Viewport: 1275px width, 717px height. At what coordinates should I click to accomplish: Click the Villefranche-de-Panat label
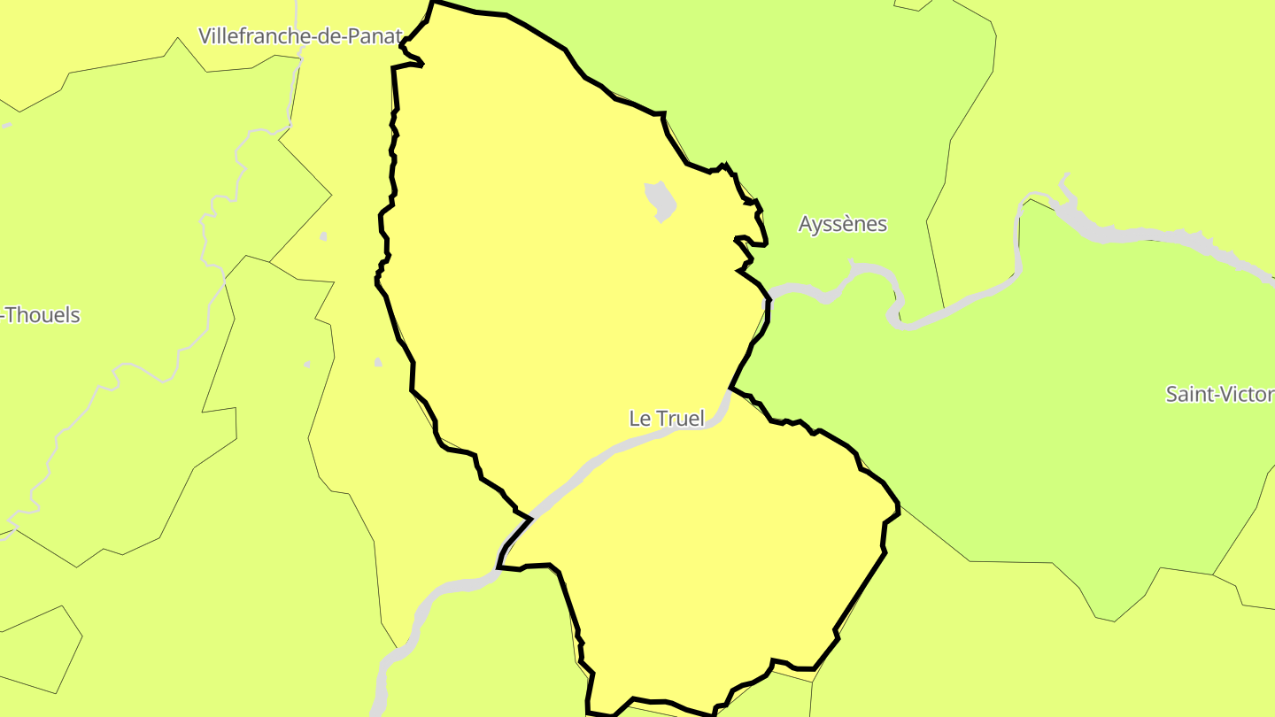click(301, 36)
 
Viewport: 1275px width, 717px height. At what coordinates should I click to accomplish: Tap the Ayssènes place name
click(842, 224)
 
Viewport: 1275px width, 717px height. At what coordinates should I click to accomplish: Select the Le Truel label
click(667, 418)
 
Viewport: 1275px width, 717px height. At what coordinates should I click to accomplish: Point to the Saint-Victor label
click(1219, 394)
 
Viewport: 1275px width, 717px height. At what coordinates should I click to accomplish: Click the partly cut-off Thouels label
click(42, 315)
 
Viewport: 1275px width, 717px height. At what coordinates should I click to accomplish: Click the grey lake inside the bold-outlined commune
click(661, 201)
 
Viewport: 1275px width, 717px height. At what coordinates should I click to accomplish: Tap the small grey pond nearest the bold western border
click(378, 362)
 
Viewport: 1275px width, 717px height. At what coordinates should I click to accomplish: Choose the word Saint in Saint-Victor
click(1188, 394)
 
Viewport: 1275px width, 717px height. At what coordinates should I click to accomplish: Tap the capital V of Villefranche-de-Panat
click(205, 36)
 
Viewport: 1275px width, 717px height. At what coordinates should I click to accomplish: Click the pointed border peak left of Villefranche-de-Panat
click(179, 39)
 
